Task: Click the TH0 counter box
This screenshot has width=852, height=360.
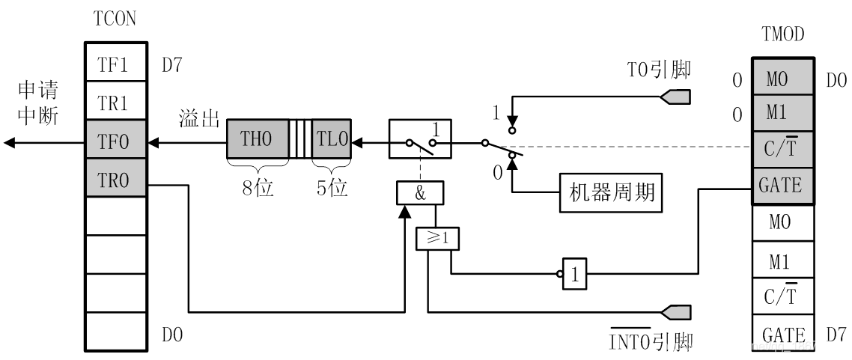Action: (x=257, y=140)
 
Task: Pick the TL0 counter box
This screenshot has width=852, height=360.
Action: (x=332, y=140)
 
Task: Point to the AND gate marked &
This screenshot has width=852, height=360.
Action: (x=419, y=193)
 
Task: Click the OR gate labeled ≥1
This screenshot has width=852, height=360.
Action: (x=437, y=239)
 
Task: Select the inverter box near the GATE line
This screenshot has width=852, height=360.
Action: (x=574, y=275)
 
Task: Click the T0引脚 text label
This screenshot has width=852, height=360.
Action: (x=659, y=70)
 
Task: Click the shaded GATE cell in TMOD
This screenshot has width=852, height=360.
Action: (x=781, y=185)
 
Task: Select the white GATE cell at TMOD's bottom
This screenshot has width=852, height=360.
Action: (x=781, y=335)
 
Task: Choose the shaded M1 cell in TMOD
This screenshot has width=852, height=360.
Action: (x=781, y=112)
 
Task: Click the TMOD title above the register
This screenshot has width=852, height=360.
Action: (x=783, y=34)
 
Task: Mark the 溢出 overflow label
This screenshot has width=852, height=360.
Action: (x=199, y=118)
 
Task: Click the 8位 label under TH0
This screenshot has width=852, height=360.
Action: (x=257, y=188)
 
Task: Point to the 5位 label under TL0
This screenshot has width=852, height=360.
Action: (x=332, y=188)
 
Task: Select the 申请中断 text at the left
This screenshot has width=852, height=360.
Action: (x=39, y=104)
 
